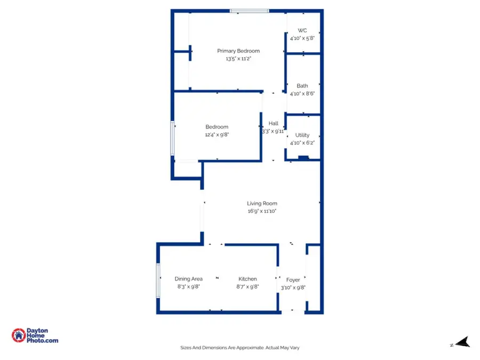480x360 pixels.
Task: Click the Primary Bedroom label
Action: point(238,51)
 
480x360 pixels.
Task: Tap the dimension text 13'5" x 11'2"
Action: point(238,59)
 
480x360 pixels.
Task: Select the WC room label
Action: point(302,30)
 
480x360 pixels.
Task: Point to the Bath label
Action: point(302,86)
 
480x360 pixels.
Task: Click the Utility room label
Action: point(302,135)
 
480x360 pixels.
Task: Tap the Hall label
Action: point(273,123)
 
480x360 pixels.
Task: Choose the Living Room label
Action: point(262,203)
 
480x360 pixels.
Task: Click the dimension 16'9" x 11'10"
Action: point(262,211)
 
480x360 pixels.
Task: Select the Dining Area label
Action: point(188,279)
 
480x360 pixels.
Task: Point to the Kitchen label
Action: point(247,279)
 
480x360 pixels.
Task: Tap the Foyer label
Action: point(293,279)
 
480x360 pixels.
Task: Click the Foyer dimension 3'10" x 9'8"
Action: point(293,287)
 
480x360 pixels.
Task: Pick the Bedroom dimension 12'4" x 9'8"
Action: point(217,135)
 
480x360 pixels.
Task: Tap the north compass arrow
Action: point(462,342)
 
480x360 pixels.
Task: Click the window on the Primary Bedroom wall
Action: point(249,10)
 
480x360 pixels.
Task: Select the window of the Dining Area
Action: point(158,279)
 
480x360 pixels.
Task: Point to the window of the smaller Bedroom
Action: point(172,139)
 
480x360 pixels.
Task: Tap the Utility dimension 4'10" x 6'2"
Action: point(302,143)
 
